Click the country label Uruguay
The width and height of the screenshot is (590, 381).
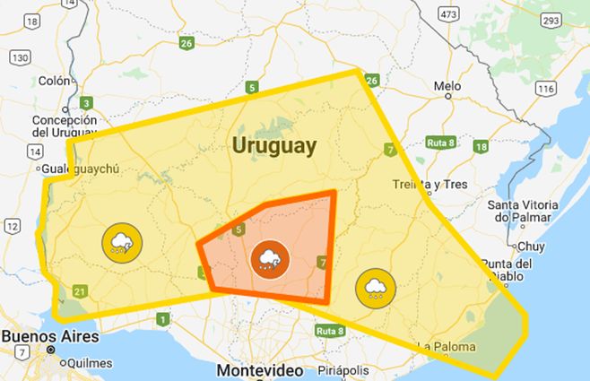tap(273, 145)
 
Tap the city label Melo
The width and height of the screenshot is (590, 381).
tap(447, 87)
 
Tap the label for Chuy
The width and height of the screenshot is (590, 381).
tap(530, 245)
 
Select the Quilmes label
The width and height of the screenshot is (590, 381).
tap(90, 363)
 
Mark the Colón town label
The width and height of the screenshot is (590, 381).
tap(54, 81)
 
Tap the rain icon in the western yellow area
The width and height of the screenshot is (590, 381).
tap(120, 242)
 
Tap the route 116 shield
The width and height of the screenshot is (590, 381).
tap(545, 88)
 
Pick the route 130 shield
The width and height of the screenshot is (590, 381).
tap(20, 56)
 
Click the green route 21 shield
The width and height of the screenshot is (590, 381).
tap(81, 290)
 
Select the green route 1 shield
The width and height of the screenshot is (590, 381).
tap(162, 319)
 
